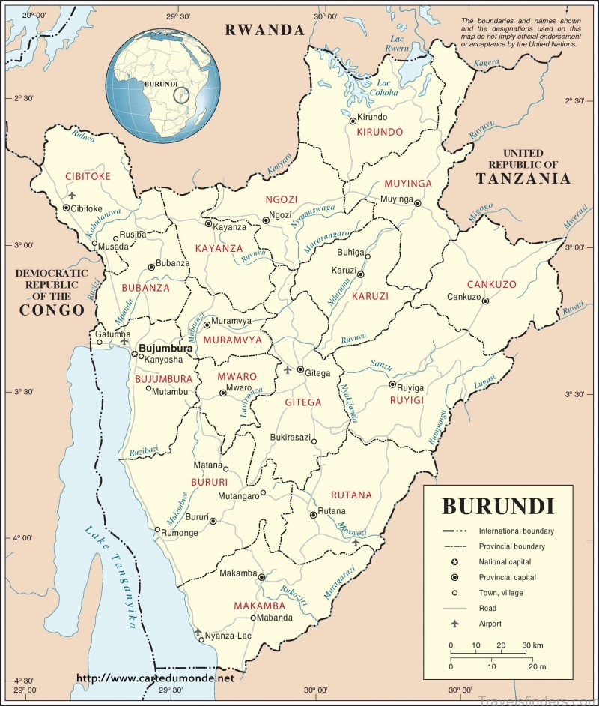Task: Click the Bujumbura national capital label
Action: tap(165, 349)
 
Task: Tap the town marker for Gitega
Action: tap(300, 370)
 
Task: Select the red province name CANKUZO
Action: tap(491, 285)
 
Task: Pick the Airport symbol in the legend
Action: tap(454, 623)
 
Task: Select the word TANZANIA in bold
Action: tap(523, 179)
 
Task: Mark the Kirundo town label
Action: tap(372, 118)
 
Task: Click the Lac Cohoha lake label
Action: tap(385, 88)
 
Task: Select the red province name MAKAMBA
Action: tap(259, 605)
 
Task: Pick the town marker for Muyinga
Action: tap(418, 203)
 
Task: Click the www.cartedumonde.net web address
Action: tap(155, 678)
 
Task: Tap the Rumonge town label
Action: tap(178, 534)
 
